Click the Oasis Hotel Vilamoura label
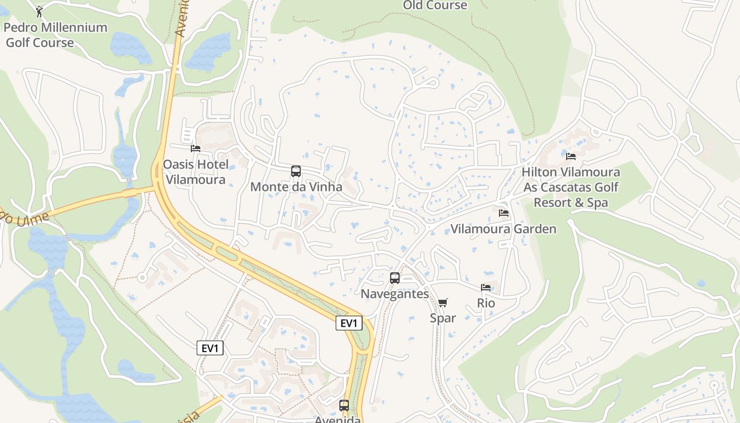point(196,172)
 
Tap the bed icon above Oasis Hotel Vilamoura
point(196,149)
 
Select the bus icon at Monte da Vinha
point(296,171)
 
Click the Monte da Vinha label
point(296,187)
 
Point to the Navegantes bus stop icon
point(395,278)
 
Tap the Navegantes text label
point(395,294)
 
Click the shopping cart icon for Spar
point(443,302)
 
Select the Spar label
point(443,318)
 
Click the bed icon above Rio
point(486,288)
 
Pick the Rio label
point(486,304)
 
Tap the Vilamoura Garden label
point(503,229)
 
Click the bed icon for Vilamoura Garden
point(504,213)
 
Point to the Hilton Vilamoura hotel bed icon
point(571,156)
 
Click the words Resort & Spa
point(571,203)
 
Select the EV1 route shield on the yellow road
point(349,323)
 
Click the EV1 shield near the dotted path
point(210,348)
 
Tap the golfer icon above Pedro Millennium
point(39,11)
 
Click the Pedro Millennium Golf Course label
point(55,35)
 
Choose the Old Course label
point(435,5)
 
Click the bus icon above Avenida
point(344,406)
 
